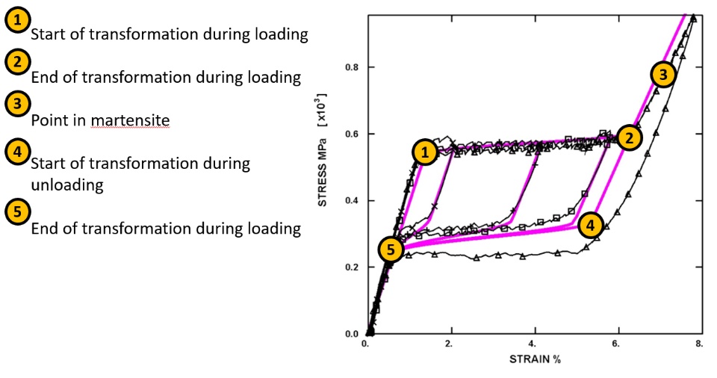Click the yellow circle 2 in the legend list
point(16,62)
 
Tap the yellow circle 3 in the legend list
point(16,104)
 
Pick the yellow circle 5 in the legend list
point(16,211)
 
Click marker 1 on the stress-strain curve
point(425,152)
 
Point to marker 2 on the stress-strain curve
point(630,137)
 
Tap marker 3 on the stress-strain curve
point(662,73)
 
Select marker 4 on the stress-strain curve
point(590,223)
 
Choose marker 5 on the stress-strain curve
point(390,250)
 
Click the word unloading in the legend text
point(66,185)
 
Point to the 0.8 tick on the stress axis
point(352,67)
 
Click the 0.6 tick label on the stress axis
point(352,134)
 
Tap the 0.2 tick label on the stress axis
point(352,267)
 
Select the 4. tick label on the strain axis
point(532,344)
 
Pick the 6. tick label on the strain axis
point(615,344)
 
